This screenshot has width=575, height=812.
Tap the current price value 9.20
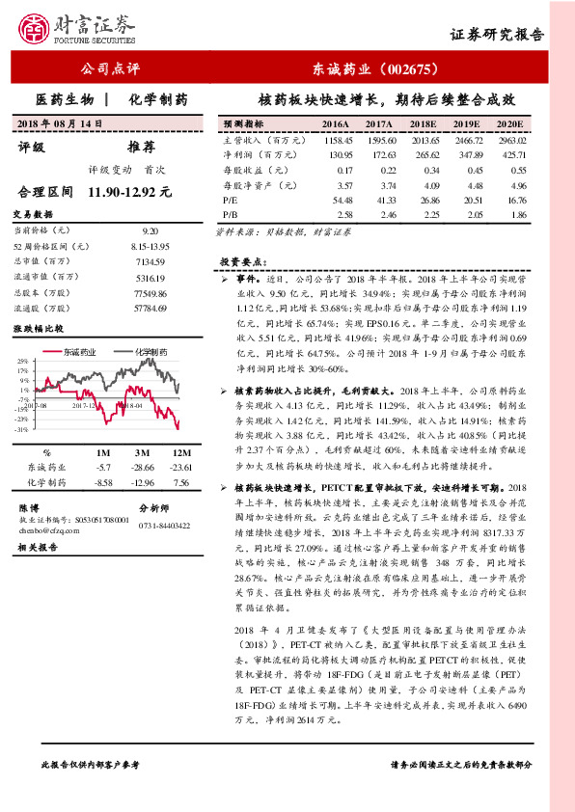tap(150, 231)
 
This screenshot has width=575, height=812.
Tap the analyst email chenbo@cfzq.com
tap(40, 529)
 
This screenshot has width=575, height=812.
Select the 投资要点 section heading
tap(241, 261)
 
